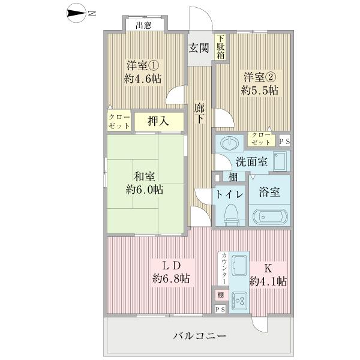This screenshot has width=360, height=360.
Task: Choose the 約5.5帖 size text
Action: pos(259,90)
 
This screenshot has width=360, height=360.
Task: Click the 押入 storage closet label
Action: pos(158,121)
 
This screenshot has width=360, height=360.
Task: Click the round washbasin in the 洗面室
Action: pos(229,145)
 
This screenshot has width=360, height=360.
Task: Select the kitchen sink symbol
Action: pos(239,264)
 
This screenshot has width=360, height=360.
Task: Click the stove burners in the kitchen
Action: pos(239,298)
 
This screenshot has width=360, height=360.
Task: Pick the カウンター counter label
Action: pos(224,268)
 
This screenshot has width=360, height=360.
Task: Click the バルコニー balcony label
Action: pos(200,336)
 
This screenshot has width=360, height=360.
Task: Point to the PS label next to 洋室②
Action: pos(284,142)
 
